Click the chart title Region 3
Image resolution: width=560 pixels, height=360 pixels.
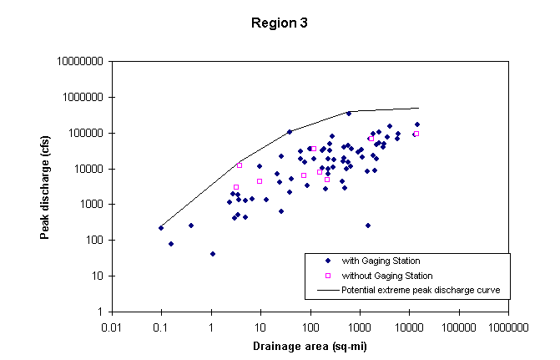pyautogui.click(x=280, y=23)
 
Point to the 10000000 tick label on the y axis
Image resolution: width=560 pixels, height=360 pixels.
pyautogui.click(x=80, y=62)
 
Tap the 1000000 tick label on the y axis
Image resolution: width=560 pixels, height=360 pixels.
pyautogui.click(x=83, y=98)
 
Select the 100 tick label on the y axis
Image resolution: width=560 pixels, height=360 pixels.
pyautogui.click(x=92, y=241)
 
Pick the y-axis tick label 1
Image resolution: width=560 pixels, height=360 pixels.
pyautogui.click(x=99, y=312)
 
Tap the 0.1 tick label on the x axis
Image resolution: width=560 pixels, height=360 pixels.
pyautogui.click(x=162, y=327)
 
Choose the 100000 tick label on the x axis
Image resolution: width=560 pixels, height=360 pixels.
pyautogui.click(x=458, y=327)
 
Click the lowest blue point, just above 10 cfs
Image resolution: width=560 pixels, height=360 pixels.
pyautogui.click(x=213, y=254)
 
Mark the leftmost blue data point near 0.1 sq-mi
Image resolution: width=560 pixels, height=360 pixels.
pyautogui.click(x=161, y=228)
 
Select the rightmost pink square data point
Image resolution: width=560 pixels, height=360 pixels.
pyautogui.click(x=416, y=134)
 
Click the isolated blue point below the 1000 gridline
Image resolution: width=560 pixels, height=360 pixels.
pyautogui.click(x=367, y=226)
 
